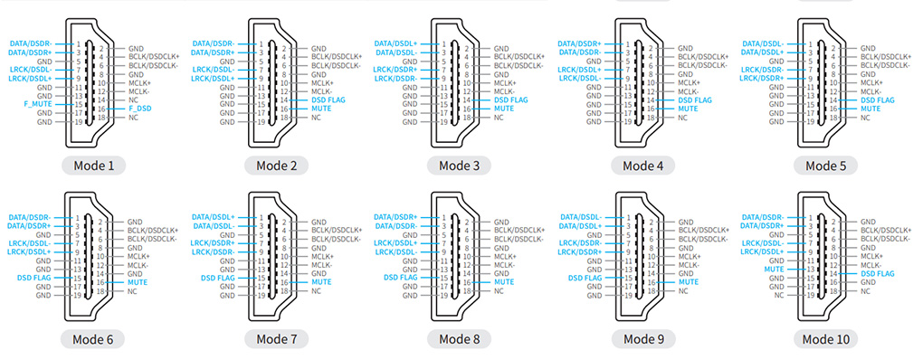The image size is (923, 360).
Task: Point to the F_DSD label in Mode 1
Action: pos(139,109)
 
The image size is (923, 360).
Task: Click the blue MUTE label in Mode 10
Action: pos(773,269)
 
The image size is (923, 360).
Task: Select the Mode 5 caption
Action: pos(826,166)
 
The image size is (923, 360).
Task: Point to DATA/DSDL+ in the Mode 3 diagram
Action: pos(399,43)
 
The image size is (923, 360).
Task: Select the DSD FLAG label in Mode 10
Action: pos(877,273)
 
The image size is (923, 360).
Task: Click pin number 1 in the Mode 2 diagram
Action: pos(261,43)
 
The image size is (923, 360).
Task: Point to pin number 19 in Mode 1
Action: pos(79,121)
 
